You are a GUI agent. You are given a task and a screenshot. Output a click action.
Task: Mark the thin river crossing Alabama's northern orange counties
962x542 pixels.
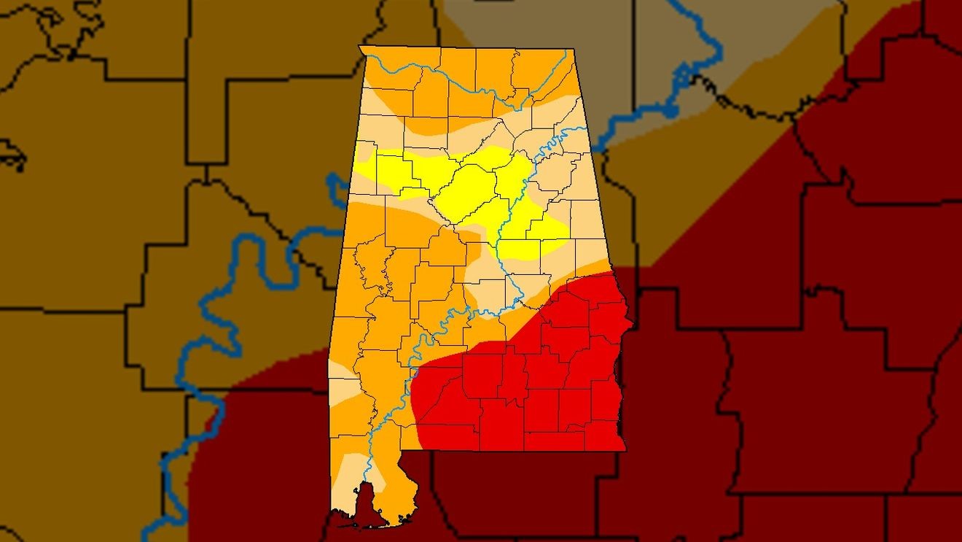click(x=466, y=80)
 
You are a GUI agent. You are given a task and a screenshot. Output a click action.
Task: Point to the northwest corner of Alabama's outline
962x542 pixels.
click(x=360, y=46)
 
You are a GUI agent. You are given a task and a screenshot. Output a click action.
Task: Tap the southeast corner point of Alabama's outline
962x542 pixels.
click(x=625, y=450)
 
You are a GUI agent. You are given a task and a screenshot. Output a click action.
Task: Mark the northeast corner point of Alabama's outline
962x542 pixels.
click(x=574, y=49)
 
